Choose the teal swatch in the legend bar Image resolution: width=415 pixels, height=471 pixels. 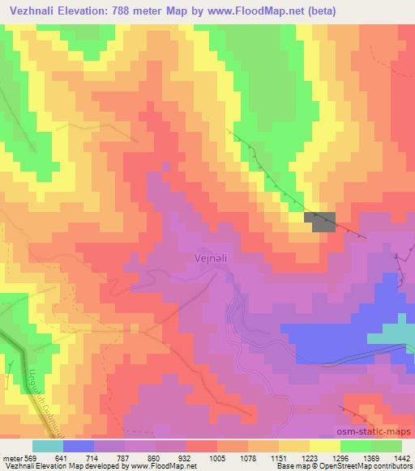tap(47, 445)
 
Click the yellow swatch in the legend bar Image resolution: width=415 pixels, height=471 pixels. tap(324, 445)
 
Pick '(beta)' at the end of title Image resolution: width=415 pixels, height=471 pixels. tap(315, 11)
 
